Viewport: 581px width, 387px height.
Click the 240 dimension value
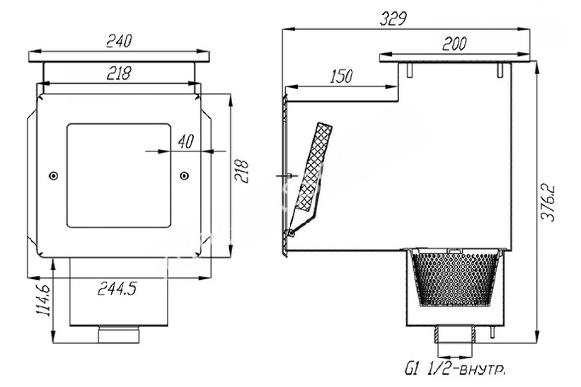(x=119, y=41)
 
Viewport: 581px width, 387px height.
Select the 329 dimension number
(x=393, y=19)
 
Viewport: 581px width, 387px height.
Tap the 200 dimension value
(x=454, y=44)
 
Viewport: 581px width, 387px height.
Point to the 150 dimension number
(x=341, y=76)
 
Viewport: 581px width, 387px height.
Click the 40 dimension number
(x=186, y=142)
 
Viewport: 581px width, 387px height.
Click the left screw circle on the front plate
(x=54, y=176)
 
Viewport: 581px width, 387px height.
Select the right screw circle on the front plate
(x=184, y=176)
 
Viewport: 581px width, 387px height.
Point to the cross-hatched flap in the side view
(x=314, y=166)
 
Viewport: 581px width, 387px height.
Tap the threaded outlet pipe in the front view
(x=119, y=335)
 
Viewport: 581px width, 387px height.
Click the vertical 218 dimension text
(x=241, y=171)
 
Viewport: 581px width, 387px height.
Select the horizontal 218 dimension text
(x=119, y=73)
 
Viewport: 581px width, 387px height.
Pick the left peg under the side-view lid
(x=409, y=70)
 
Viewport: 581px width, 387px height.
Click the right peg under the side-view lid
(x=500, y=70)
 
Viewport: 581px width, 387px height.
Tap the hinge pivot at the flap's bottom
(x=292, y=233)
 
